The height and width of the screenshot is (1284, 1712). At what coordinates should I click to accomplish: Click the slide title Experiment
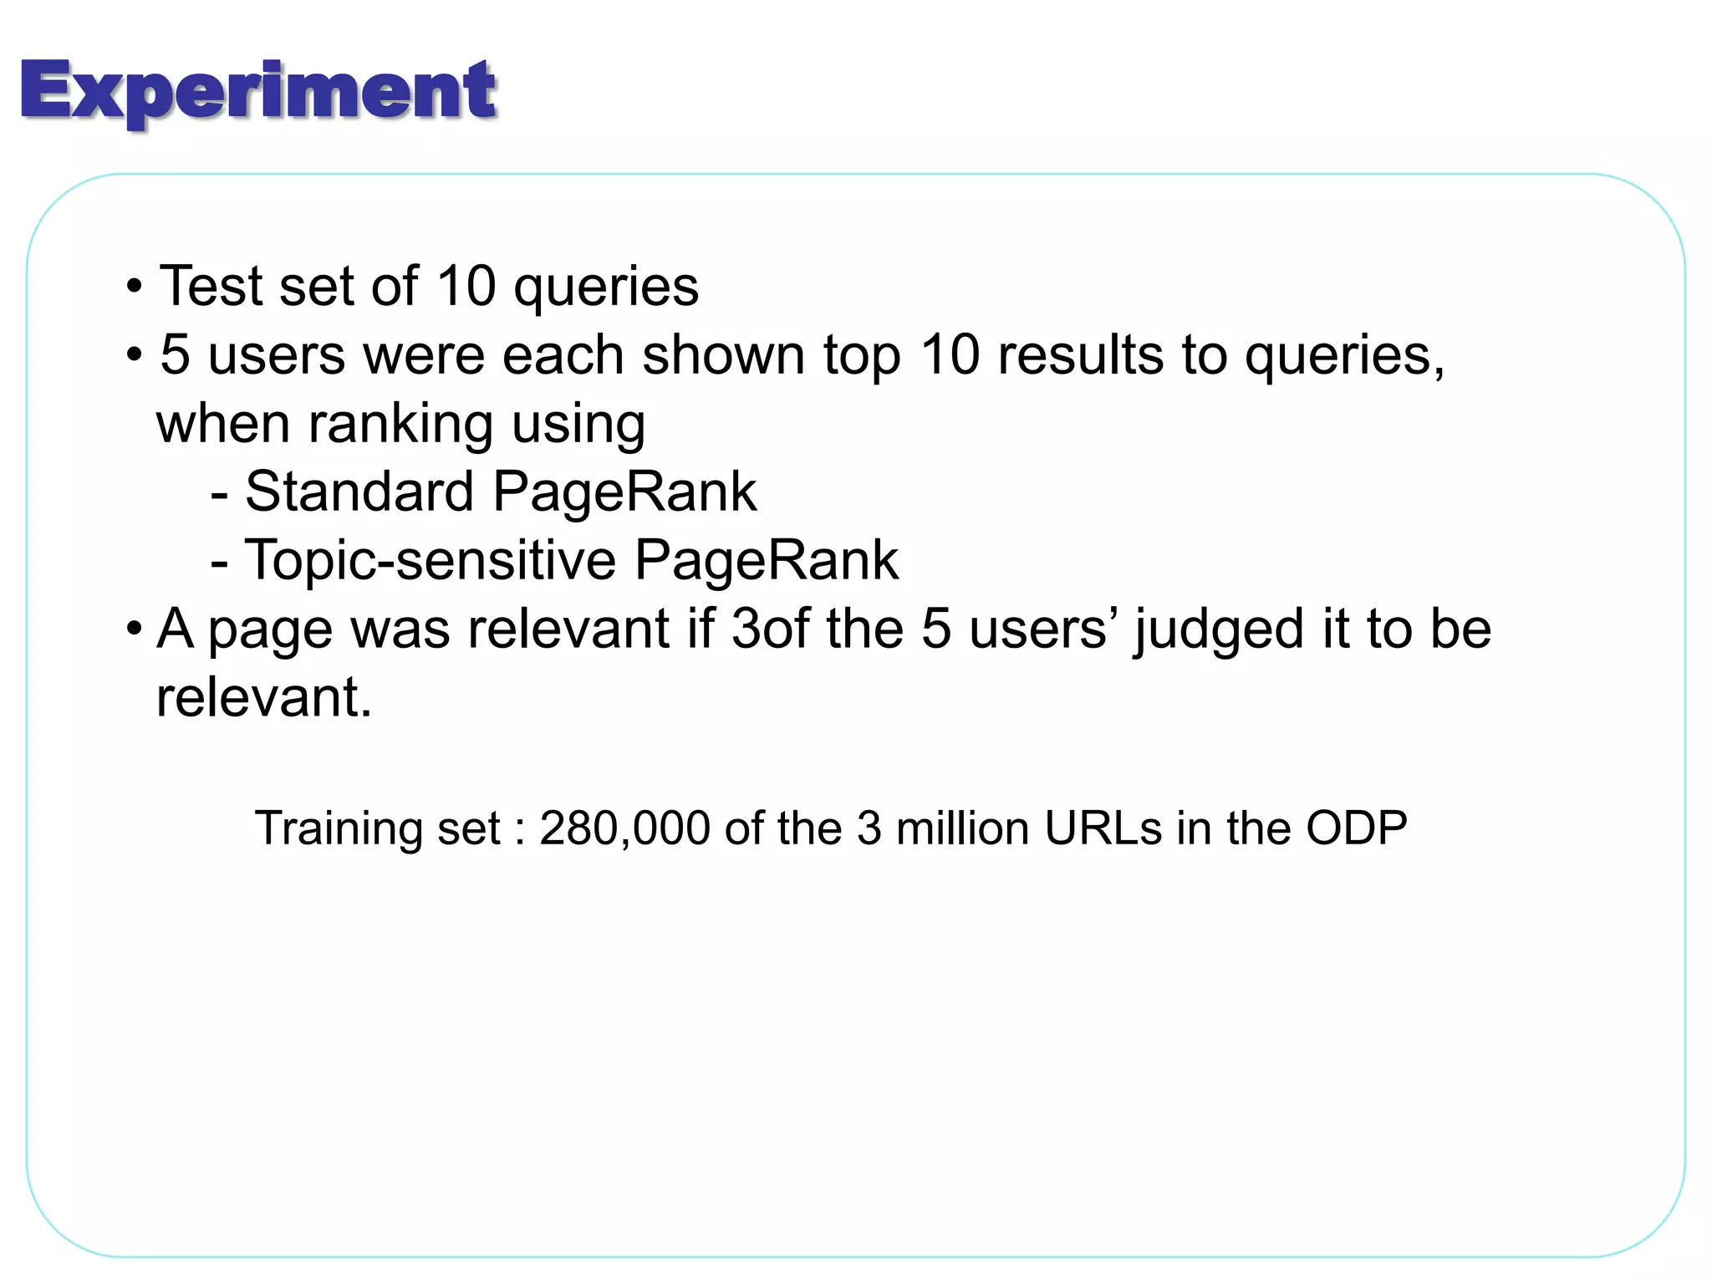tap(258, 92)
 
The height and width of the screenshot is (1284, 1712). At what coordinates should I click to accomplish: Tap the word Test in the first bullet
tap(211, 287)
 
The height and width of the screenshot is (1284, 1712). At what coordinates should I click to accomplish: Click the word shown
tap(724, 355)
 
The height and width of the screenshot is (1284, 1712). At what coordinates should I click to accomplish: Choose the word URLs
tap(1103, 828)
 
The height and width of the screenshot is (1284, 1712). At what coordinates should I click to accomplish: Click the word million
tap(962, 828)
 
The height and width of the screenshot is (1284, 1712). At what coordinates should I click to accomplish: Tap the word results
tap(1081, 355)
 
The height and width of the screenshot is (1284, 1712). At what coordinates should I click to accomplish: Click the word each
tap(563, 355)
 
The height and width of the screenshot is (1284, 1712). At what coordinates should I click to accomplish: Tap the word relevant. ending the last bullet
tap(264, 697)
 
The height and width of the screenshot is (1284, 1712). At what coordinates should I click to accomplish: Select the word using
tap(578, 425)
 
